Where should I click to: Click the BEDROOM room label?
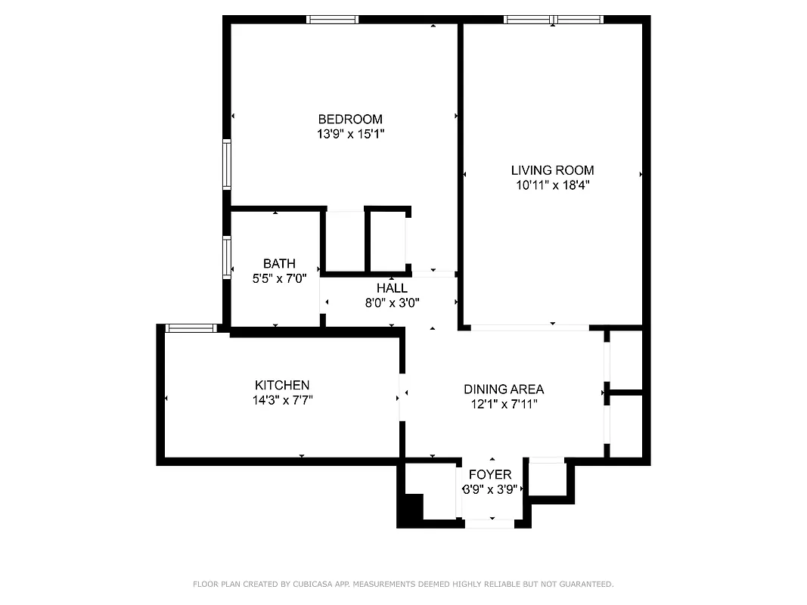(350, 119)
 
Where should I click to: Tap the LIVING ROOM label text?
(552, 170)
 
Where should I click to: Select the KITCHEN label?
(282, 385)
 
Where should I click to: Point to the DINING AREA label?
(504, 389)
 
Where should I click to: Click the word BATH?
(279, 263)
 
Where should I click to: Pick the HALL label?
(392, 288)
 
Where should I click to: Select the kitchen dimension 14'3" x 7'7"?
(282, 400)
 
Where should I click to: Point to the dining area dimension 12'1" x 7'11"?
(504, 404)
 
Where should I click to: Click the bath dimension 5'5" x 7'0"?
(279, 278)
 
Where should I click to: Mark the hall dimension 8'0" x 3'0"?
(392, 302)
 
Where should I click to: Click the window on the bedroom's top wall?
(332, 20)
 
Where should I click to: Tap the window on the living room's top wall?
(554, 20)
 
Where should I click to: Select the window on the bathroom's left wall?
(226, 257)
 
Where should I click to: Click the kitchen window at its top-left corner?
(190, 328)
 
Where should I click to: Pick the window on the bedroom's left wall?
(226, 164)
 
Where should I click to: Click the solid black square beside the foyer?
(410, 508)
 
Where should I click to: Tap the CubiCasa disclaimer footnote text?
(403, 584)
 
